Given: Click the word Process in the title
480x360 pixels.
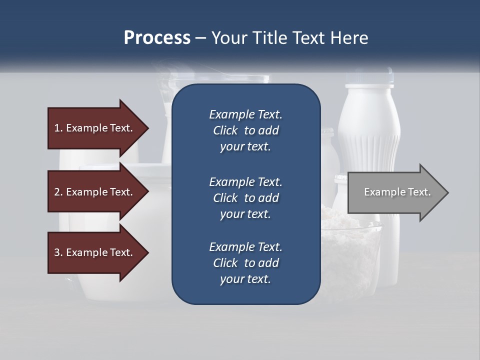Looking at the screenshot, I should [x=157, y=38].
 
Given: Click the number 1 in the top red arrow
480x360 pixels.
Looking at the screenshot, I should [x=57, y=128].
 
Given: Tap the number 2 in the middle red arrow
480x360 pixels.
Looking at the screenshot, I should [x=57, y=192].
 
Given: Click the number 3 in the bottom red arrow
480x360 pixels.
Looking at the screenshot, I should [x=57, y=252].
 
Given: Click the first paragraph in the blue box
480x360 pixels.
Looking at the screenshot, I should [x=245, y=130].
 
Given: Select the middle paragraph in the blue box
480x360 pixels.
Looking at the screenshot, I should [x=245, y=198].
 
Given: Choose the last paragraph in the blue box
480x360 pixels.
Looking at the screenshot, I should [x=245, y=263].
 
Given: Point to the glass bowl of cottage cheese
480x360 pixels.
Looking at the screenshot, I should [x=350, y=250].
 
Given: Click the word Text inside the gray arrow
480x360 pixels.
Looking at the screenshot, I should [x=419, y=192].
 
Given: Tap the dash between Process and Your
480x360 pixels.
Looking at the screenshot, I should [x=200, y=38].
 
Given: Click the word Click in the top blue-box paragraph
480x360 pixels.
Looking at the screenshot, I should [x=225, y=130].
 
